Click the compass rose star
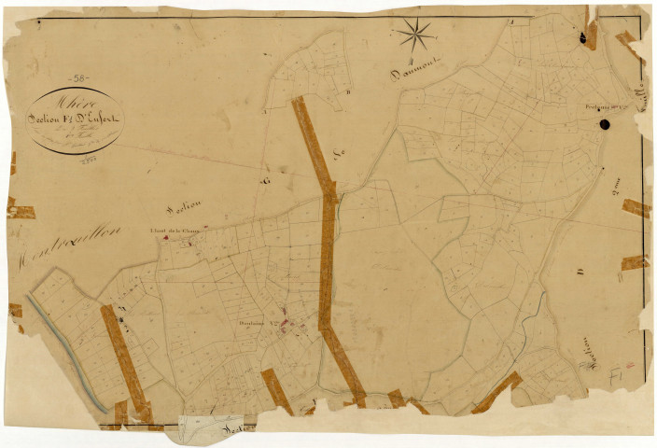pos(415,36)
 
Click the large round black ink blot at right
pos(604,123)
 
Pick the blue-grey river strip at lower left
pos(65,353)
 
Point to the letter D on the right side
pos(580,272)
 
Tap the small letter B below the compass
pos(347,91)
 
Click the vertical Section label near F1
pos(591,353)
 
